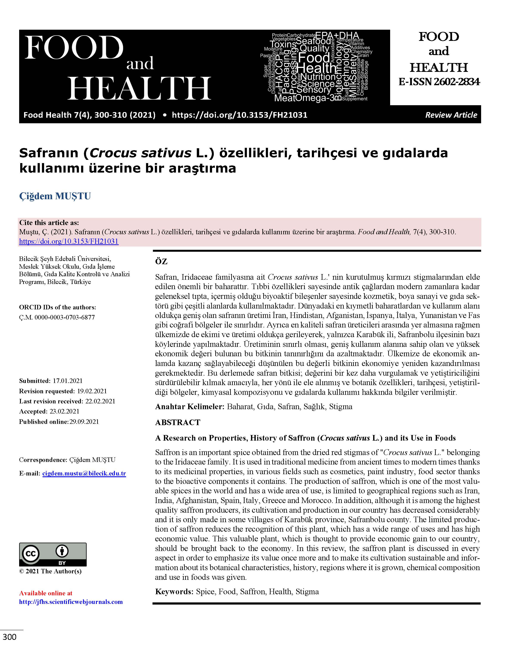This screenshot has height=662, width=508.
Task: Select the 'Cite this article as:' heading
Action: (49, 223)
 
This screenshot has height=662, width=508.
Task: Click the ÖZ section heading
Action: (161, 262)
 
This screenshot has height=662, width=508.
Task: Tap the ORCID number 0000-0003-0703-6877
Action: (64, 317)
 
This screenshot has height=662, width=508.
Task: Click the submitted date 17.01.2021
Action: (68, 381)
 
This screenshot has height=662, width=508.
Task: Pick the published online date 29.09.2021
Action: (84, 421)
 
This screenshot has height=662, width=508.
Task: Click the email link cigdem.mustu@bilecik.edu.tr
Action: (84, 474)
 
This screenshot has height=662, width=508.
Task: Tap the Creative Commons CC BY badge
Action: (53, 554)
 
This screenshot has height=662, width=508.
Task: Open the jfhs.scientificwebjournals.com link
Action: (71, 602)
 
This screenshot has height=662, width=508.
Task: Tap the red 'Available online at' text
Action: (46, 593)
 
